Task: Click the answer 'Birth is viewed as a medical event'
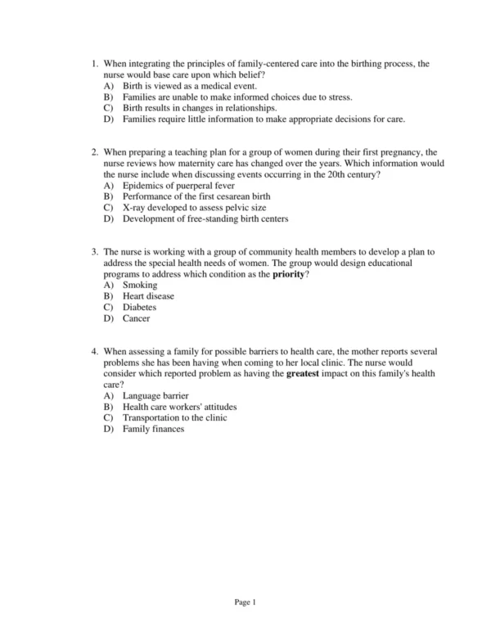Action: [189, 85]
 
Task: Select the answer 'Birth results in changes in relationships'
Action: [200, 107]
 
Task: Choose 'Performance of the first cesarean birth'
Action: [208, 196]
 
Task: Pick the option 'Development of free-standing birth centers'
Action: [205, 218]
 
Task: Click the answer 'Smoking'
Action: [141, 285]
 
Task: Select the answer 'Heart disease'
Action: [148, 296]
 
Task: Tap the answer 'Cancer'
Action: [137, 318]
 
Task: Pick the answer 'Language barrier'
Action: [155, 395]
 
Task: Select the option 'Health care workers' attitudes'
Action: [179, 407]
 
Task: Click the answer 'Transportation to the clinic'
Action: [175, 417]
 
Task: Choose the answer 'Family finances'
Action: [154, 429]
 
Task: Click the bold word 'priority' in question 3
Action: [288, 274]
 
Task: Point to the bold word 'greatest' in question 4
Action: [304, 373]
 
